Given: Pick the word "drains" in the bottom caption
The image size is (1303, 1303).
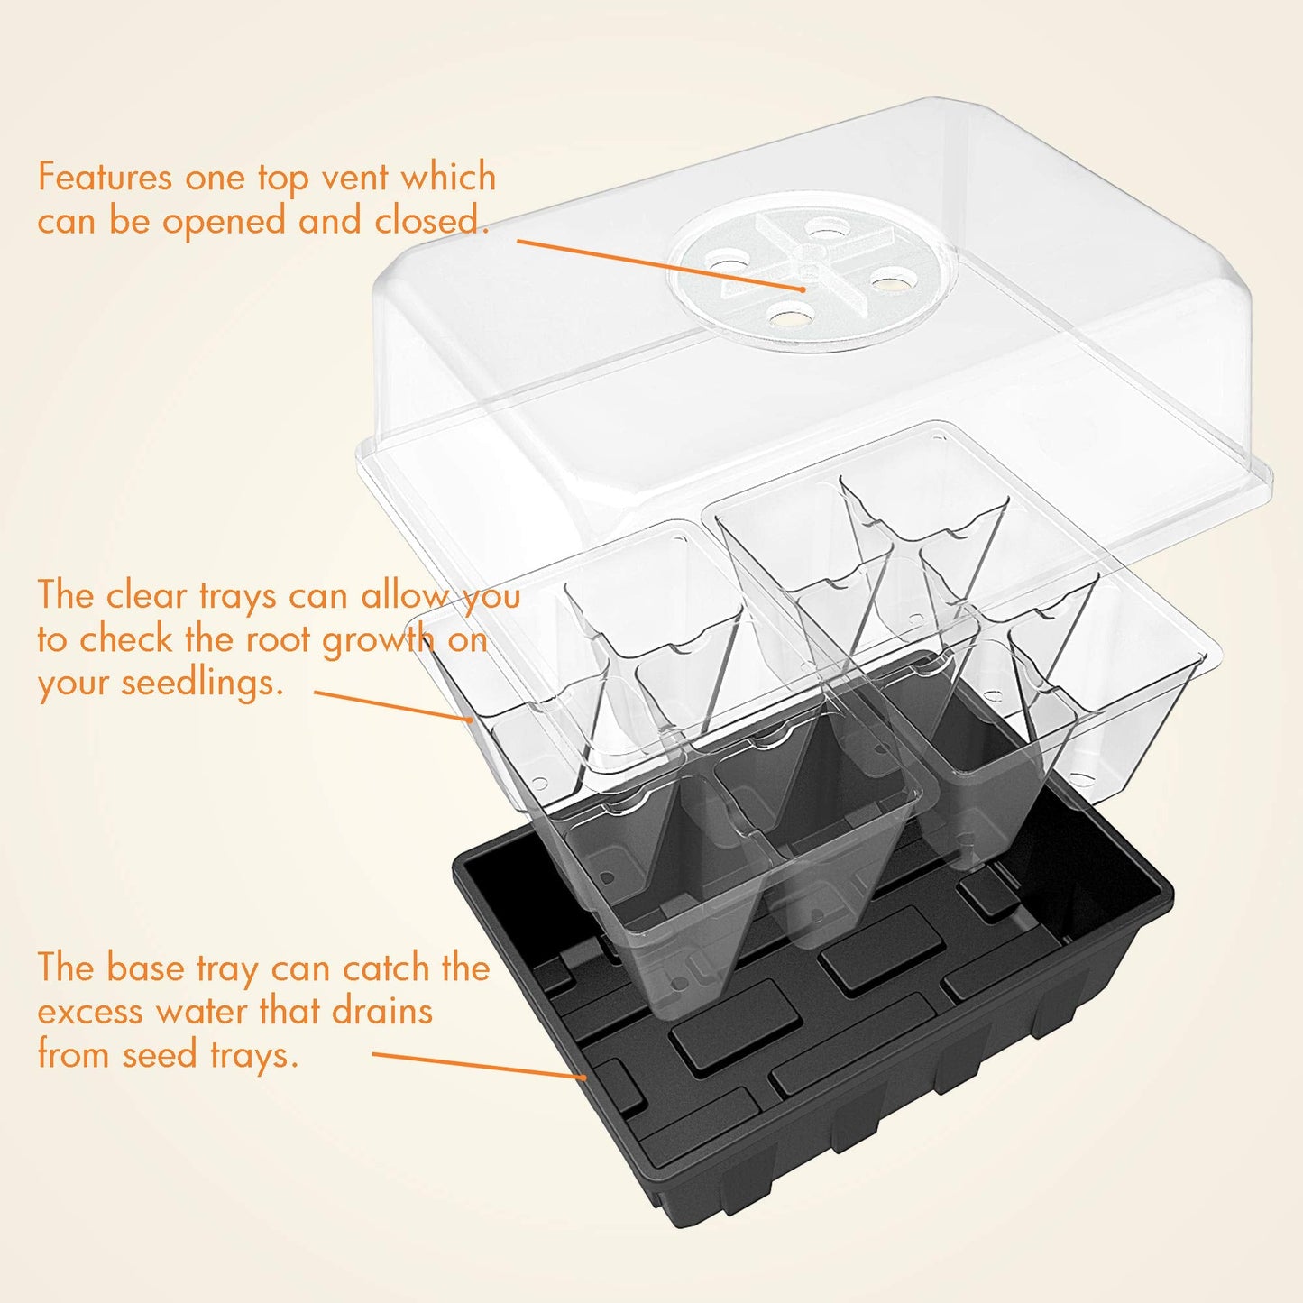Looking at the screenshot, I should pyautogui.click(x=382, y=1011).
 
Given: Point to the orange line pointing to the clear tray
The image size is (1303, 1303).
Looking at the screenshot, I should pyautogui.click(x=392, y=706).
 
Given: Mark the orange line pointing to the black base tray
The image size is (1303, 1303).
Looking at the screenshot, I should pyautogui.click(x=478, y=1064).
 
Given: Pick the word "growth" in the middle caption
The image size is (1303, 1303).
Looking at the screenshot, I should pyautogui.click(x=380, y=641).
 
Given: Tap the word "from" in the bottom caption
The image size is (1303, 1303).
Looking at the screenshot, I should pyautogui.click(x=74, y=1054).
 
